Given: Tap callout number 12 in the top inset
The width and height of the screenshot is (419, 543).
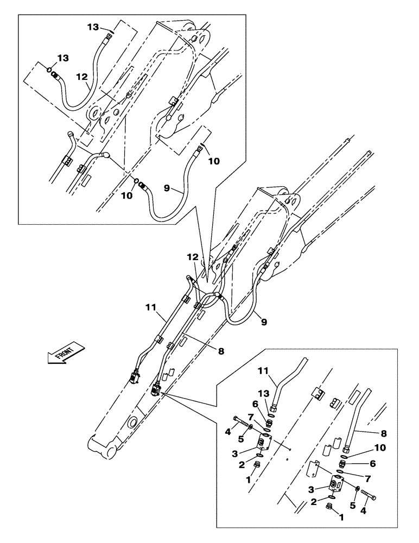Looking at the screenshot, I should tap(81, 78).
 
